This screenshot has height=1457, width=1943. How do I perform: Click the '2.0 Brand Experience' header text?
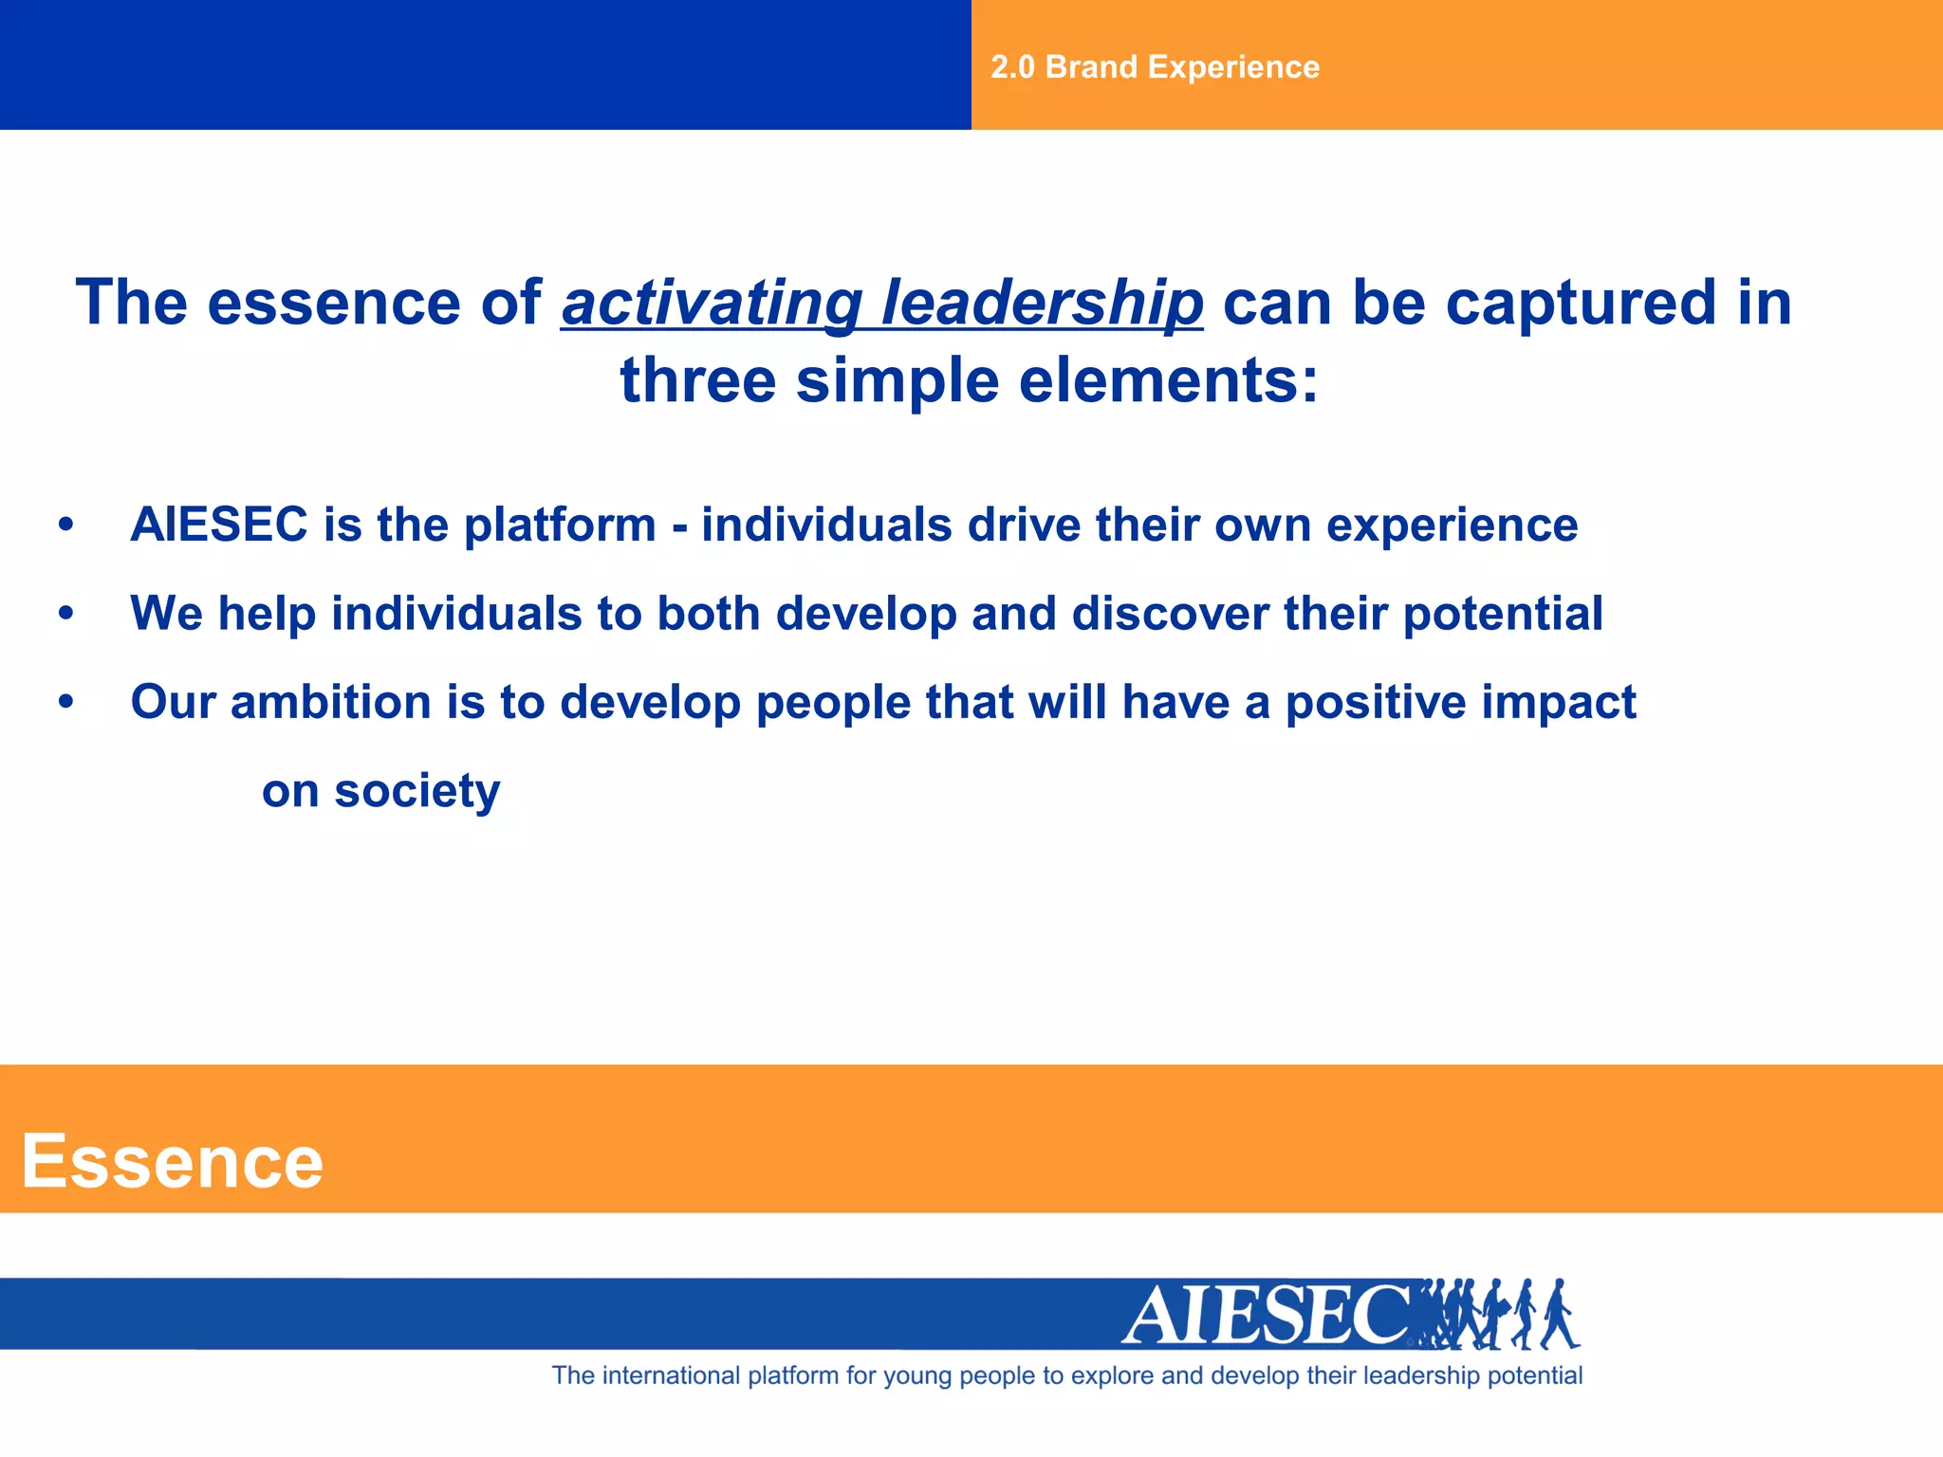coord(1155,67)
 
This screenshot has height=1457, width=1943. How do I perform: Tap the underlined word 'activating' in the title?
coord(712,304)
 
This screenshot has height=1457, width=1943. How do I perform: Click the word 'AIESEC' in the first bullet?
coord(219,525)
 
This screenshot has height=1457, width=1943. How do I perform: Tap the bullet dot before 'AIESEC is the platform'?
coord(65,525)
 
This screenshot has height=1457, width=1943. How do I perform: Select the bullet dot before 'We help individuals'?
coord(65,614)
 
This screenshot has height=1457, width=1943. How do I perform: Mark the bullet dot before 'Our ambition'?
coord(65,703)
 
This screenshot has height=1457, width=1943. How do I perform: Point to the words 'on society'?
coord(380,792)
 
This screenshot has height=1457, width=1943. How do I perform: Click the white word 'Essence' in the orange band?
coord(173,1162)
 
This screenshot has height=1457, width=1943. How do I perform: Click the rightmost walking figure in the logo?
coord(1558,1315)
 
